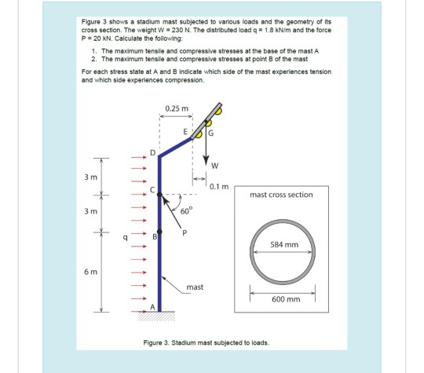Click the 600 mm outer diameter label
[286, 299]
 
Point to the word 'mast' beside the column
[196, 287]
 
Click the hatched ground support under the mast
[159, 317]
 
